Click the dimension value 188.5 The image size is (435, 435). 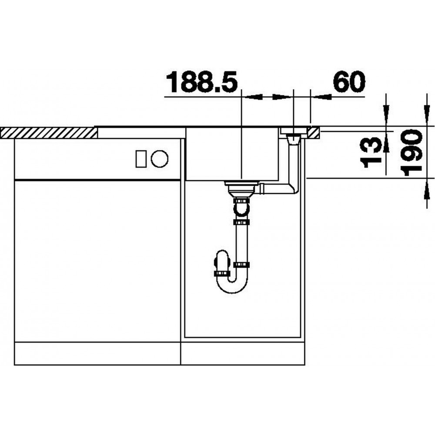pyautogui.click(x=201, y=82)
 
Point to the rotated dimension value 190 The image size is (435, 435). pyautogui.click(x=412, y=152)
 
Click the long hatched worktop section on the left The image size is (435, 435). pyautogui.click(x=49, y=133)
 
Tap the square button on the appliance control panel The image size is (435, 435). pyautogui.click(x=141, y=159)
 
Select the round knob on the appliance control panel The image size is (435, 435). pyautogui.click(x=160, y=159)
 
